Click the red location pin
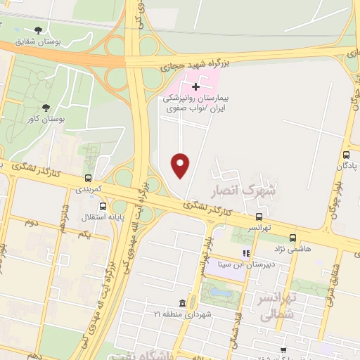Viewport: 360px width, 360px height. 181,165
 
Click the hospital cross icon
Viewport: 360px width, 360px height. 195,86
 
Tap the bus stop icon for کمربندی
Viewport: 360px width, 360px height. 88,179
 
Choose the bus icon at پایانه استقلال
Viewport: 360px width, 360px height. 103,207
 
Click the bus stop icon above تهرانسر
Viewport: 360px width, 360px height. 259,217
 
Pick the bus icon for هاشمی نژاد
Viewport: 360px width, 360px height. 293,238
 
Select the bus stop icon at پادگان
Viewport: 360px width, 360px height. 345,155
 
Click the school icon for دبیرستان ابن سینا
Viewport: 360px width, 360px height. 245,253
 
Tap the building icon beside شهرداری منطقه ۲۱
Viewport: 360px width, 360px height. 183,303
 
